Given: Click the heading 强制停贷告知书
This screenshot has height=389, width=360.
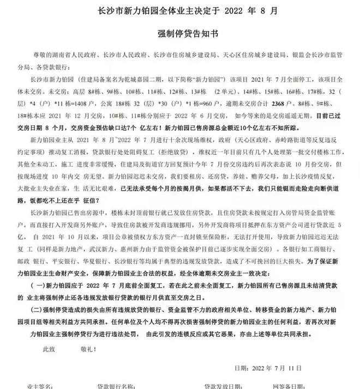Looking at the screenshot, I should coord(179,33).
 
